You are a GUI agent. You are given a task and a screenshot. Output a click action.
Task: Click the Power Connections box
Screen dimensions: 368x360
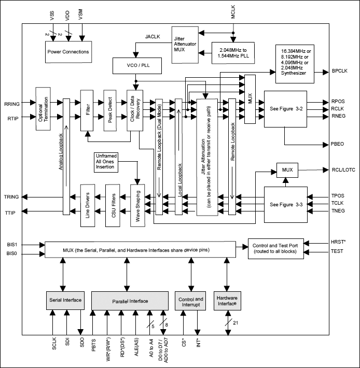[x=68, y=52]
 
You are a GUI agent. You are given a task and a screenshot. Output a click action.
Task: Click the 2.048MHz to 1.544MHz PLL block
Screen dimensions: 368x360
[x=233, y=53]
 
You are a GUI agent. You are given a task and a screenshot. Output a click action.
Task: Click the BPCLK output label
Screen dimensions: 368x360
[x=340, y=70]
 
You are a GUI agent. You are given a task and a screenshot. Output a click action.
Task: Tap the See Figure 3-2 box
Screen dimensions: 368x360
[x=285, y=109]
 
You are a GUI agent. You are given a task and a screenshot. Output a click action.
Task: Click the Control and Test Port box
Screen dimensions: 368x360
[x=275, y=248]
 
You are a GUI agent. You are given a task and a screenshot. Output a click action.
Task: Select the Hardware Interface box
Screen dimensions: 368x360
[x=227, y=301]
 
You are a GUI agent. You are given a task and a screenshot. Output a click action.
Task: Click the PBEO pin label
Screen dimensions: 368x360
[x=339, y=142]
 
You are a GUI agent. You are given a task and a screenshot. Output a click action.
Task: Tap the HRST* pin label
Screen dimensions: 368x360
[x=339, y=242]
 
